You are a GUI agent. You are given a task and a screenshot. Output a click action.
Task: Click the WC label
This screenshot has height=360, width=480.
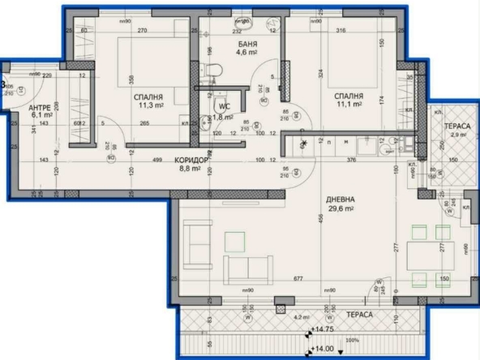[x=221, y=105]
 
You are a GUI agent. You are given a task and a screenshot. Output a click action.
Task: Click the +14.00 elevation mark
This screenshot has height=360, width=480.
[x=323, y=350]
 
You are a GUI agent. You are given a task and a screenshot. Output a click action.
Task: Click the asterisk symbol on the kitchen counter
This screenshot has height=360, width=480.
[x=304, y=144]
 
